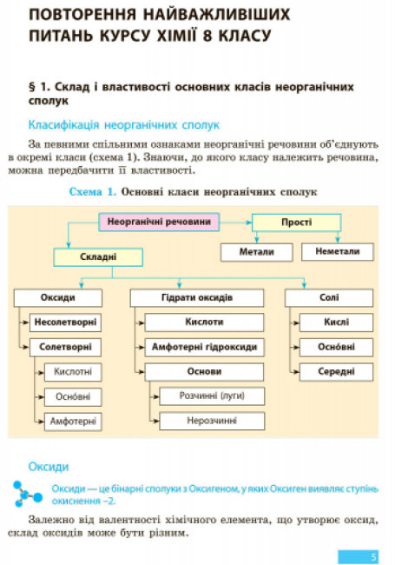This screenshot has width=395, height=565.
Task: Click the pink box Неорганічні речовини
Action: (159, 222)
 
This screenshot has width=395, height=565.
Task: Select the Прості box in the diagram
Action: (296, 223)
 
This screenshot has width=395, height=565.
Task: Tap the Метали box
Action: (256, 252)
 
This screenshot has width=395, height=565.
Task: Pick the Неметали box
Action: (338, 251)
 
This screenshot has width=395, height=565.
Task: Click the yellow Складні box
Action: (98, 257)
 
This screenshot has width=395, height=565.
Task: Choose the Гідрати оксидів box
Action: (197, 298)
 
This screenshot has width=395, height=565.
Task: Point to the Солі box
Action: (329, 298)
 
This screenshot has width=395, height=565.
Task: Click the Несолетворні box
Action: (65, 322)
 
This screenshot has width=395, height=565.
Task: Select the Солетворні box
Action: (65, 348)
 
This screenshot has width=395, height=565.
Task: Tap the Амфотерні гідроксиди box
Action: (204, 348)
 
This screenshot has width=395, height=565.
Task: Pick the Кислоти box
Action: (204, 322)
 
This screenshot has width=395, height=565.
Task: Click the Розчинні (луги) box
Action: (212, 396)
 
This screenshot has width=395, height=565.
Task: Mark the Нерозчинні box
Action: (212, 421)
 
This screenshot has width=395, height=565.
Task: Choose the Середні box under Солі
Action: (336, 372)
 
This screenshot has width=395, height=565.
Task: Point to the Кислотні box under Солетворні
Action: (73, 372)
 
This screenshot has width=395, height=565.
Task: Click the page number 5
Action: (373, 556)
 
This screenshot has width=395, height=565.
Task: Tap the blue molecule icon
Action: (27, 494)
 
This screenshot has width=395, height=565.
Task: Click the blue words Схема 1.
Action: (93, 192)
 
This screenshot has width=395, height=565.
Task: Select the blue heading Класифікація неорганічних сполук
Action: (124, 125)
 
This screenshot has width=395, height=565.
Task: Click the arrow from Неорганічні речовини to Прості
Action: (235, 223)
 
